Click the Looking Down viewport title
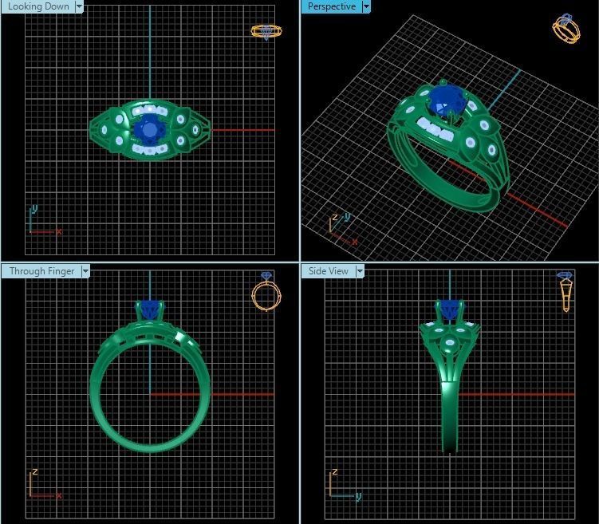(x=37, y=6)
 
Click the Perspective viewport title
(x=331, y=6)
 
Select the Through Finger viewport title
(x=41, y=271)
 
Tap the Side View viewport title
(x=328, y=271)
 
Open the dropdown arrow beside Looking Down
(x=79, y=6)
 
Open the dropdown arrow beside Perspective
(x=366, y=6)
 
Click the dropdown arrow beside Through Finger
(x=85, y=271)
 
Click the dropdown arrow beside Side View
(x=360, y=271)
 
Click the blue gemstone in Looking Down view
(x=148, y=128)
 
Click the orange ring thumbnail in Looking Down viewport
(x=266, y=32)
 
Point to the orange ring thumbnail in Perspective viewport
(x=566, y=29)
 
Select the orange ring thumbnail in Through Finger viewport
(x=264, y=292)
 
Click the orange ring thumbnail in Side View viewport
(x=566, y=290)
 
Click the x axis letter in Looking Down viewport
(x=59, y=231)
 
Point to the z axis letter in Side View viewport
(x=333, y=472)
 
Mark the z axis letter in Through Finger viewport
(x=34, y=472)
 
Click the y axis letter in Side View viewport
(x=358, y=496)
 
